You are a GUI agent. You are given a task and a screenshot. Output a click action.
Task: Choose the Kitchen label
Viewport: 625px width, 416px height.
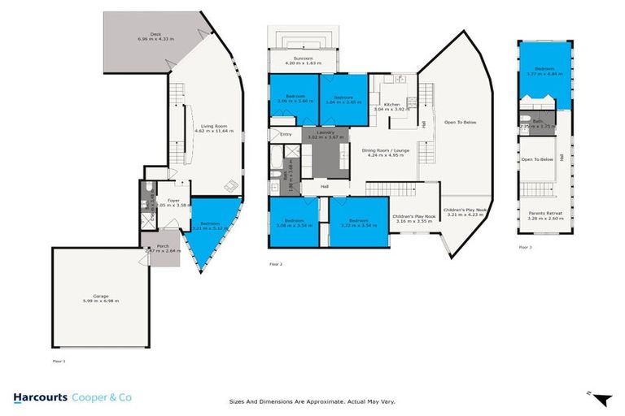click(x=392, y=106)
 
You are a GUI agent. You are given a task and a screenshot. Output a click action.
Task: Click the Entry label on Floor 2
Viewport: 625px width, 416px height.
click(x=286, y=134)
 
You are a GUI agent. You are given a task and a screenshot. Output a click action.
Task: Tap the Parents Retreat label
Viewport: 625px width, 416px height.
click(x=542, y=215)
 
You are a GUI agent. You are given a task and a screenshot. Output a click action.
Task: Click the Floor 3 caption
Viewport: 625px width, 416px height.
click(x=525, y=246)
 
